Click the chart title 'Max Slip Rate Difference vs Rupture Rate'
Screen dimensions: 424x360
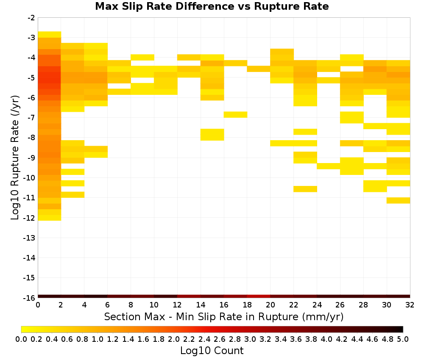[212, 6]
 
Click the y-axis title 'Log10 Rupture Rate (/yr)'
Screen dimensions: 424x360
[15, 158]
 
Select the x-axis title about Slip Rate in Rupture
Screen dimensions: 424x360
[223, 316]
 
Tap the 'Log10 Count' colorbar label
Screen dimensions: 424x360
[212, 351]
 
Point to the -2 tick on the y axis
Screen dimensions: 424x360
[31, 18]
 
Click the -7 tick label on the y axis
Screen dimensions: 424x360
[31, 118]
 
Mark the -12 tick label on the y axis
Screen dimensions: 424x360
[29, 218]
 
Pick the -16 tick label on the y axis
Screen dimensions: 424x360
[29, 298]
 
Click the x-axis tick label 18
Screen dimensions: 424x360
[247, 305]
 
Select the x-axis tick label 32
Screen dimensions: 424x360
[410, 305]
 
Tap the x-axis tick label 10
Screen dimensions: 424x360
[154, 305]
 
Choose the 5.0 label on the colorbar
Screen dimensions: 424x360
[403, 339]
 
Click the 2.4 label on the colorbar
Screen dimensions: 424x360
[204, 339]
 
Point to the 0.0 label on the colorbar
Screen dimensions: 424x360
[21, 339]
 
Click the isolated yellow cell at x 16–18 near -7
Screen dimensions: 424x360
[235, 114]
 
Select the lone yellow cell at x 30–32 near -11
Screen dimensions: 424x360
[398, 200]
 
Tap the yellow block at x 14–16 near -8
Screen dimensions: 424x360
[212, 135]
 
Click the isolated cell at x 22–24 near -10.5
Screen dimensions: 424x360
[305, 189]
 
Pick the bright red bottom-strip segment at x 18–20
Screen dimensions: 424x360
[259, 296]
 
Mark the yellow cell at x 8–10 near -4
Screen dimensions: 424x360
[142, 57]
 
